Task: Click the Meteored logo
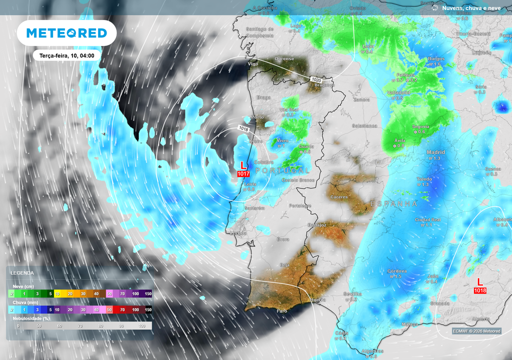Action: point(66,33)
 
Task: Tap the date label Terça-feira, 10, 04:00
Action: point(67,55)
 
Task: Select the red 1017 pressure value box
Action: point(243,173)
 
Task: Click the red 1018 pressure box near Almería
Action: point(480,290)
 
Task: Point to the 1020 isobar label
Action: point(315,80)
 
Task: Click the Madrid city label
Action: point(435,152)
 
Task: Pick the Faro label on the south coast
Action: point(282,311)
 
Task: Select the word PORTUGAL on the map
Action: point(282,171)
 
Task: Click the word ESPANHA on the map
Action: point(394,203)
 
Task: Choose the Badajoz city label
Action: point(317,225)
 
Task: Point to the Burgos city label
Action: point(436,59)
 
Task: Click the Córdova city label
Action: point(397,271)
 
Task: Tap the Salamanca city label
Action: point(364,125)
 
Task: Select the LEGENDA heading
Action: point(22,273)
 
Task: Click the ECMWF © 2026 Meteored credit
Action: point(476,331)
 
